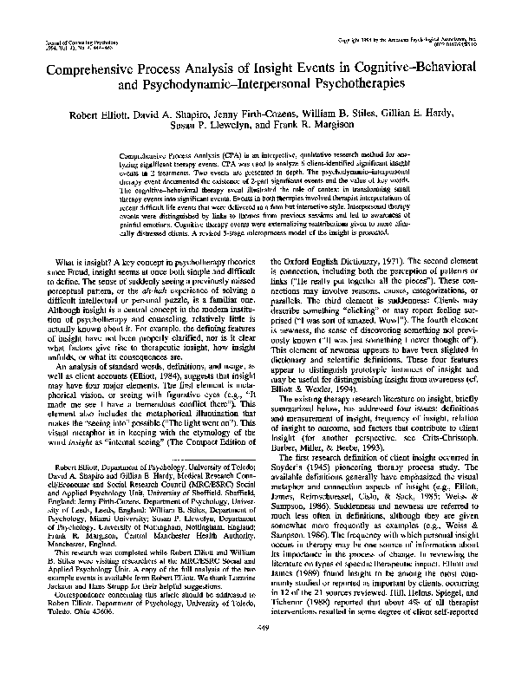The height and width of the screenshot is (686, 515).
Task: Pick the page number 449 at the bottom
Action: (257, 650)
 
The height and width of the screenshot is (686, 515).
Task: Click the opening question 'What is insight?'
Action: (79, 261)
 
